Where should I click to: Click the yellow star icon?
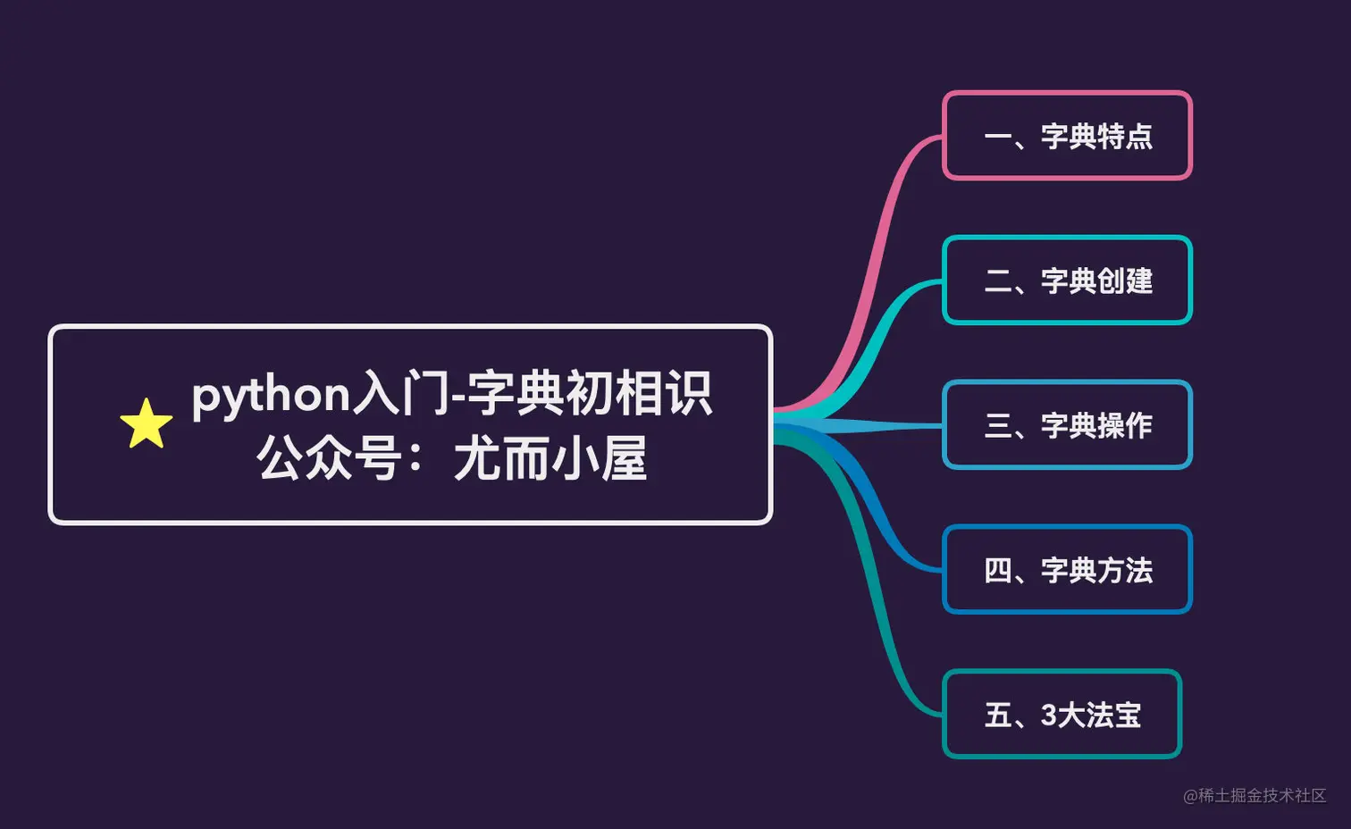pyautogui.click(x=146, y=424)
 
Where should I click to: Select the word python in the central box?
pyautogui.click(x=271, y=395)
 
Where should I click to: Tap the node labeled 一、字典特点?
pyautogui.click(x=1067, y=136)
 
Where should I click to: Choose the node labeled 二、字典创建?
pyautogui.click(x=1067, y=281)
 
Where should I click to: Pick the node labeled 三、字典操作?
pyautogui.click(x=1067, y=425)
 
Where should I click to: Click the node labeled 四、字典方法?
pyautogui.click(x=1067, y=570)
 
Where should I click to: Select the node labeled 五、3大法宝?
pyautogui.click(x=1061, y=715)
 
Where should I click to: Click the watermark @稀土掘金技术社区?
pyautogui.click(x=1254, y=795)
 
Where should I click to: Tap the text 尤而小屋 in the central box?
pyautogui.click(x=550, y=459)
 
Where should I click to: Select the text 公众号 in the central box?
pyautogui.click(x=329, y=459)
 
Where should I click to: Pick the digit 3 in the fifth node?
pyautogui.click(x=1049, y=716)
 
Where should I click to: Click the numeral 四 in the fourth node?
pyautogui.click(x=997, y=570)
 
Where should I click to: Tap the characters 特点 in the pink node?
pyautogui.click(x=1125, y=137)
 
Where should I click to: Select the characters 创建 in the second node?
pyautogui.click(x=1125, y=281)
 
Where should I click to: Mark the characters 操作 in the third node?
pyautogui.click(x=1125, y=426)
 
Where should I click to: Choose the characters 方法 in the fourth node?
pyautogui.click(x=1125, y=571)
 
